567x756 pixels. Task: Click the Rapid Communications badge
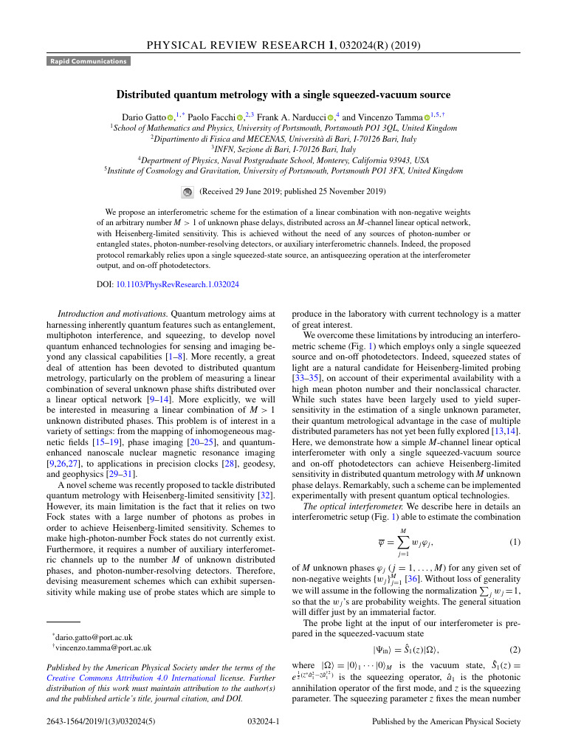(89, 61)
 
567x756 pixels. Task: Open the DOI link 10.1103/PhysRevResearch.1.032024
(177, 283)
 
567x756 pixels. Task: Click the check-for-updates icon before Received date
(187, 191)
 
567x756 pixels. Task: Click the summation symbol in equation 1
(403, 543)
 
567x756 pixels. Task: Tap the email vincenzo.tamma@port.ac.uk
(97, 647)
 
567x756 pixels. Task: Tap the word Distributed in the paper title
(145, 94)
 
